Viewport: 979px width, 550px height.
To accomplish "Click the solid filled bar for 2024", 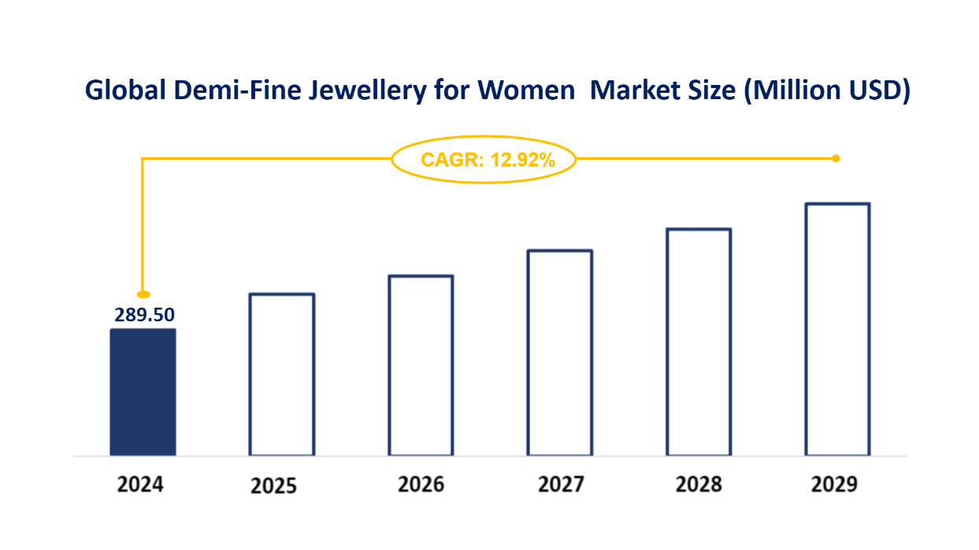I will (143, 392).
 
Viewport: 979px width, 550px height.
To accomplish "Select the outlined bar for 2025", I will (282, 375).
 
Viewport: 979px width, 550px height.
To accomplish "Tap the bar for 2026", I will (421, 365).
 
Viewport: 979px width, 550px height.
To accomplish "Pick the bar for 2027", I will (560, 353).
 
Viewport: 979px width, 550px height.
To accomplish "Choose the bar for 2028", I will (699, 341).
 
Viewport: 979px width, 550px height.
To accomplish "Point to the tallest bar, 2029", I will (837, 329).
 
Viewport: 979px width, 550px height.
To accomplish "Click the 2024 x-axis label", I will (140, 484).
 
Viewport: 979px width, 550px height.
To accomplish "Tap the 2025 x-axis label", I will (274, 485).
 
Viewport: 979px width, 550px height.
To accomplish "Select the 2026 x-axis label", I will (421, 484).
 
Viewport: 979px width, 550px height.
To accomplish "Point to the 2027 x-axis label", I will (561, 484).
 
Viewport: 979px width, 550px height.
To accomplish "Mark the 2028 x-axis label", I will (699, 484).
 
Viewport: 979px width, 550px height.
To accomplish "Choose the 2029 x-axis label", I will (834, 484).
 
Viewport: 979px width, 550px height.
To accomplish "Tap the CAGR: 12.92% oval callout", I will (484, 161).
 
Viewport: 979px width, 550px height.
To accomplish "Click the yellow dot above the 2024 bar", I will (143, 294).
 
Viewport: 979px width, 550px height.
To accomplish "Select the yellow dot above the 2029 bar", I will (836, 158).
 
